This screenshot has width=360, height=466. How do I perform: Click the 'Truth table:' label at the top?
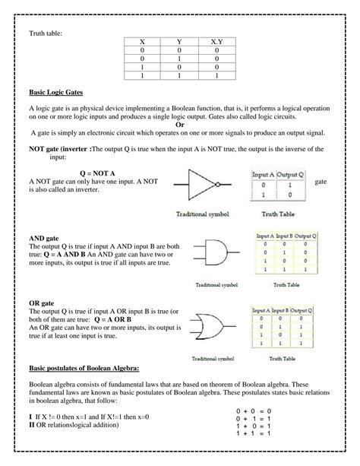click(46, 33)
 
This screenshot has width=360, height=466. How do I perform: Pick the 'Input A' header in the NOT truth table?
click(263, 174)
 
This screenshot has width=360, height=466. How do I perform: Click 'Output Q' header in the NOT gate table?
click(289, 174)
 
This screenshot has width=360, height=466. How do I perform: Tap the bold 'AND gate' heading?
click(43, 238)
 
